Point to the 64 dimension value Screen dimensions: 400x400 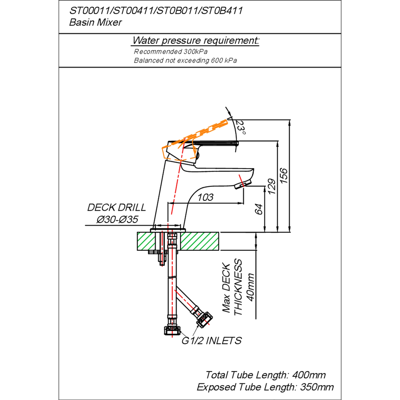coord(259,209)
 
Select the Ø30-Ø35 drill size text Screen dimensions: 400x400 coord(117,220)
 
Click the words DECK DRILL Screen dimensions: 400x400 coord(117,207)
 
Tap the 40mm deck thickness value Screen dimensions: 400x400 coord(251,287)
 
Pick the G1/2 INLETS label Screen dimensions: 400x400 coord(211,341)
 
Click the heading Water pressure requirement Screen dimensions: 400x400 coord(196,40)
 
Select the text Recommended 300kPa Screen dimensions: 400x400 coord(173,51)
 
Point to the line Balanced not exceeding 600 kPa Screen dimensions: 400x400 coord(185,60)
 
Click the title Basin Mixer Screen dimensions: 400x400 coord(96,22)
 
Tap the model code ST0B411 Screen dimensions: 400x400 coord(221,11)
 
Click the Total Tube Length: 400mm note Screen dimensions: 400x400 coord(266,375)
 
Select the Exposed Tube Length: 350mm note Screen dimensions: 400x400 coord(265,387)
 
